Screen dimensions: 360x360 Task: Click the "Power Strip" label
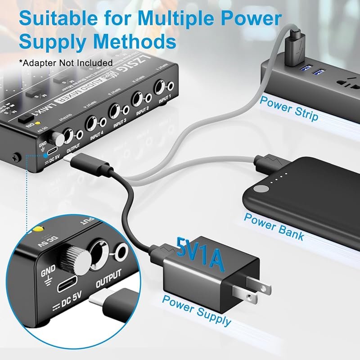click(x=288, y=108)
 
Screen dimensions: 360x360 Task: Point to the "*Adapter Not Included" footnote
click(x=66, y=62)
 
